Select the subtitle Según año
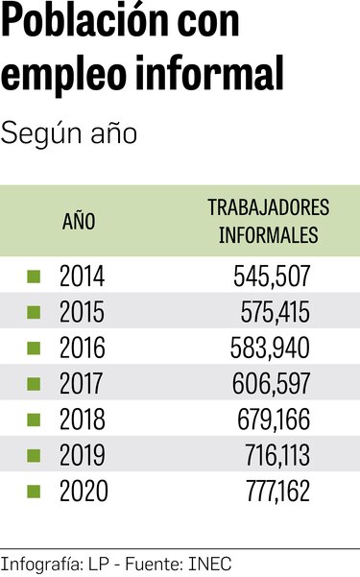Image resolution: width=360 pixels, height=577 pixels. click(x=69, y=133)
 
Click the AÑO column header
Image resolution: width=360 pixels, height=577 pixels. click(x=79, y=222)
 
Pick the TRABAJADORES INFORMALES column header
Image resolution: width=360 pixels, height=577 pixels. click(x=268, y=222)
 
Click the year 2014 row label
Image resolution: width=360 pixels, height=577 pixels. click(x=82, y=277)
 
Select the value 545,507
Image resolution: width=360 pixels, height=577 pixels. click(x=272, y=277)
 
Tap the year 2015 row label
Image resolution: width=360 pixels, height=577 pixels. click(x=82, y=313)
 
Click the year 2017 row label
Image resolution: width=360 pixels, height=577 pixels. click(x=82, y=384)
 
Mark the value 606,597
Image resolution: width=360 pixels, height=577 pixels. click(x=272, y=384)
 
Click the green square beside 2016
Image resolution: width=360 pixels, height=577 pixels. click(x=34, y=349)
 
